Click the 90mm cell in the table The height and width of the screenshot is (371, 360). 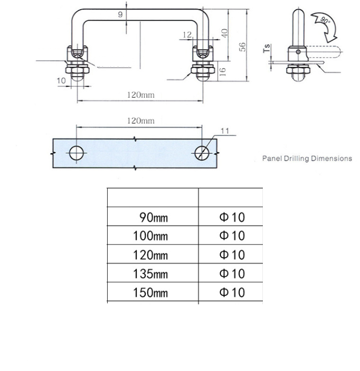pyautogui.click(x=153, y=217)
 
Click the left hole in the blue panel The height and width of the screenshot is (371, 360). pyautogui.click(x=77, y=153)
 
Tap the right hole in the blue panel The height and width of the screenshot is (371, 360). pyautogui.click(x=202, y=152)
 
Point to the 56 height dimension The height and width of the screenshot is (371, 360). pyautogui.click(x=242, y=47)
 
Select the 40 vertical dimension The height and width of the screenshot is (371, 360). pyautogui.click(x=225, y=34)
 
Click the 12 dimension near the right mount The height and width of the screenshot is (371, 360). pyautogui.click(x=188, y=34)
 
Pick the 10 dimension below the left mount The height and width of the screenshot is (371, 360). pyautogui.click(x=62, y=80)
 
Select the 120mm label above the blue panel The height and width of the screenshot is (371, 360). pyautogui.click(x=140, y=121)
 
